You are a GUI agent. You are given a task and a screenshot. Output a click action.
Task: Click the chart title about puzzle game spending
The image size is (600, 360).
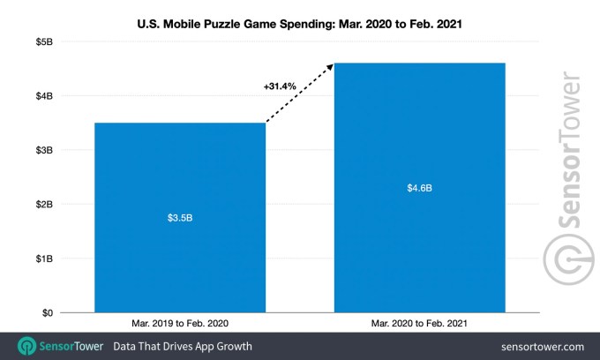tap(300, 15)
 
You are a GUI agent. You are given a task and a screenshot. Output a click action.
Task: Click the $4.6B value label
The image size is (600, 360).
tap(419, 187)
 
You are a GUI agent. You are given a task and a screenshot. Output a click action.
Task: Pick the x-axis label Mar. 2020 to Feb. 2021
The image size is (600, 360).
tap(419, 323)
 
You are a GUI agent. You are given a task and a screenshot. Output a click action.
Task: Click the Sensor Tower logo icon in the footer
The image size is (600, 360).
tap(28, 346)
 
